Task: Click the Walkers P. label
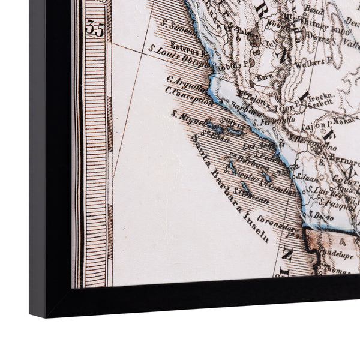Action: (x=308, y=62)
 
